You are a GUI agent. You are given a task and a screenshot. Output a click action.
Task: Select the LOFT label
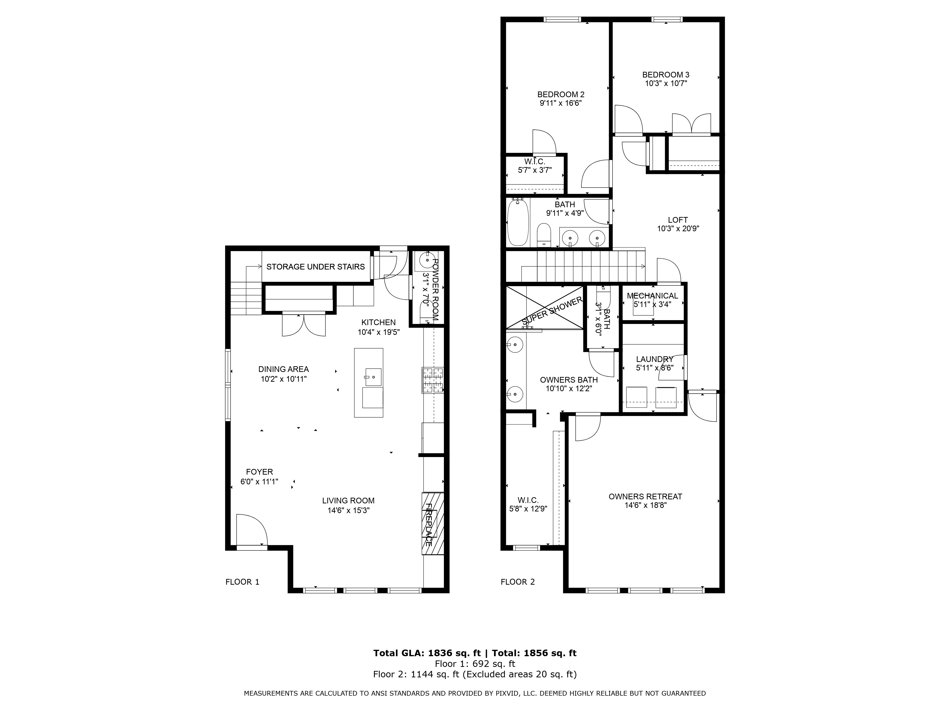[x=678, y=220]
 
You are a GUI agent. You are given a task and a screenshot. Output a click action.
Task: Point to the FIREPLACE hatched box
[x=432, y=523]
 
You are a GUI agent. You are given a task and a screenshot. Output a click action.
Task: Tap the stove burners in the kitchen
[x=432, y=380]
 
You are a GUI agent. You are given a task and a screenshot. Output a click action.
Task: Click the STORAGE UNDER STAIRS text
[x=316, y=267]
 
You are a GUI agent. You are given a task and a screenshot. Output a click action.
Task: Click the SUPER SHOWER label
[x=552, y=311]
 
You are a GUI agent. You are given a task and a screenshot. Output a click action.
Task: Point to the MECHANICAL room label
[x=652, y=296]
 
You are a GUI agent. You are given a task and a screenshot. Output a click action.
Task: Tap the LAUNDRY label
[x=655, y=359]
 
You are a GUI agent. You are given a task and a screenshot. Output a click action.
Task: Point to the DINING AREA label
[x=283, y=369]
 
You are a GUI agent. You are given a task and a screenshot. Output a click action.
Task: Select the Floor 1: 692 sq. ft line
[x=475, y=664]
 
